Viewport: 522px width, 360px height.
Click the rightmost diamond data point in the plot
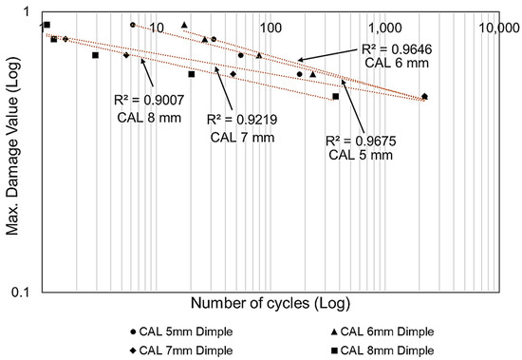click(424, 96)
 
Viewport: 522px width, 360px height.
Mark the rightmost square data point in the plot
click(336, 96)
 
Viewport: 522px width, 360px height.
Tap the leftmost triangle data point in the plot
click(184, 25)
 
